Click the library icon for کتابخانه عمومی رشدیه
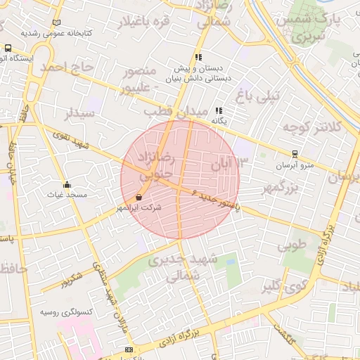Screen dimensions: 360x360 [x=56, y=22]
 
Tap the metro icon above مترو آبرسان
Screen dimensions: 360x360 [x=295, y=154]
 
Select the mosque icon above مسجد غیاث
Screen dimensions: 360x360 [x=67, y=184]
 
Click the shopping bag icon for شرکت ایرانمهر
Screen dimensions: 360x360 [x=139, y=198]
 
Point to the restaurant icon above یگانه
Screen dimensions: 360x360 [x=219, y=110]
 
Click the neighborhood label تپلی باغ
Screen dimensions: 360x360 [x=257, y=94]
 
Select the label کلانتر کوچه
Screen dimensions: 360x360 [x=313, y=127]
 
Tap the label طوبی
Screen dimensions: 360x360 [x=292, y=246]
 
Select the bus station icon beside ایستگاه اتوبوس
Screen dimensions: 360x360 [x=8, y=49]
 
